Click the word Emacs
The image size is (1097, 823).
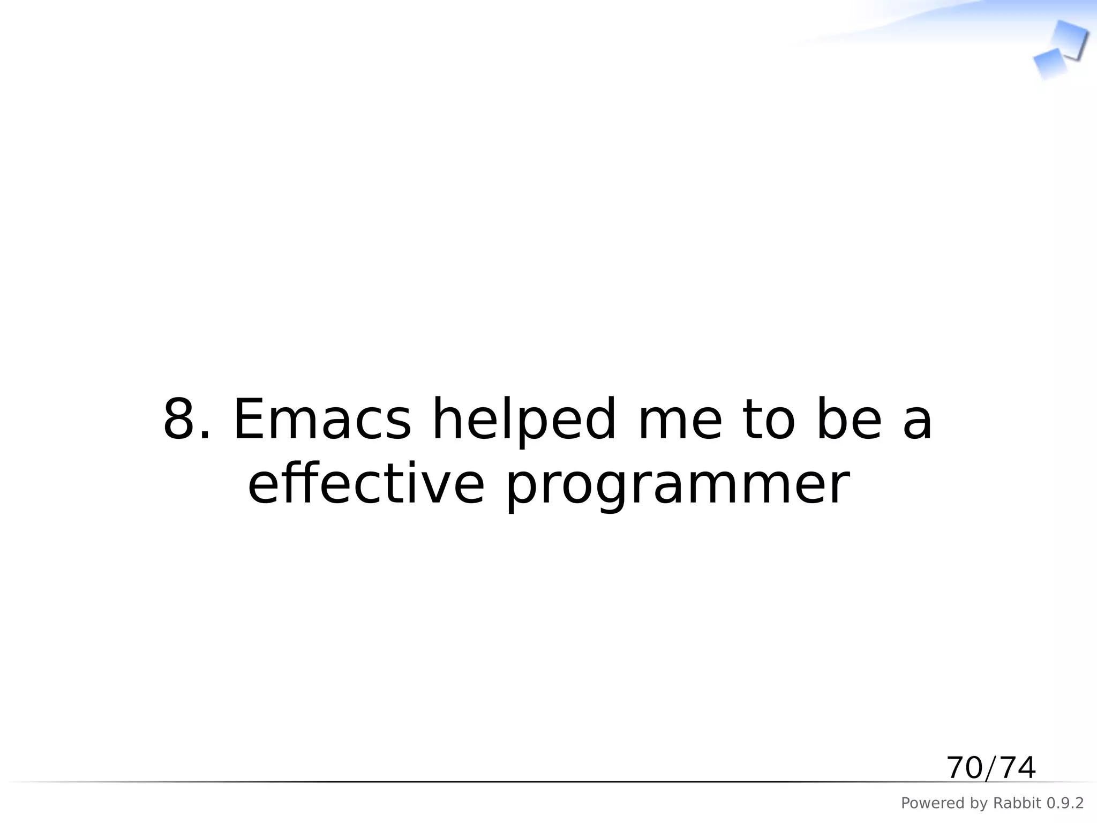pyautogui.click(x=322, y=420)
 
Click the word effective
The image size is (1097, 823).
pyautogui.click(x=366, y=484)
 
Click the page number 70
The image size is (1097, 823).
pyautogui.click(x=964, y=768)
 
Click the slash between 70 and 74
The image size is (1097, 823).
pyautogui.click(x=991, y=768)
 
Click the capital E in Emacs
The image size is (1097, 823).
pyautogui.click(x=249, y=420)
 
